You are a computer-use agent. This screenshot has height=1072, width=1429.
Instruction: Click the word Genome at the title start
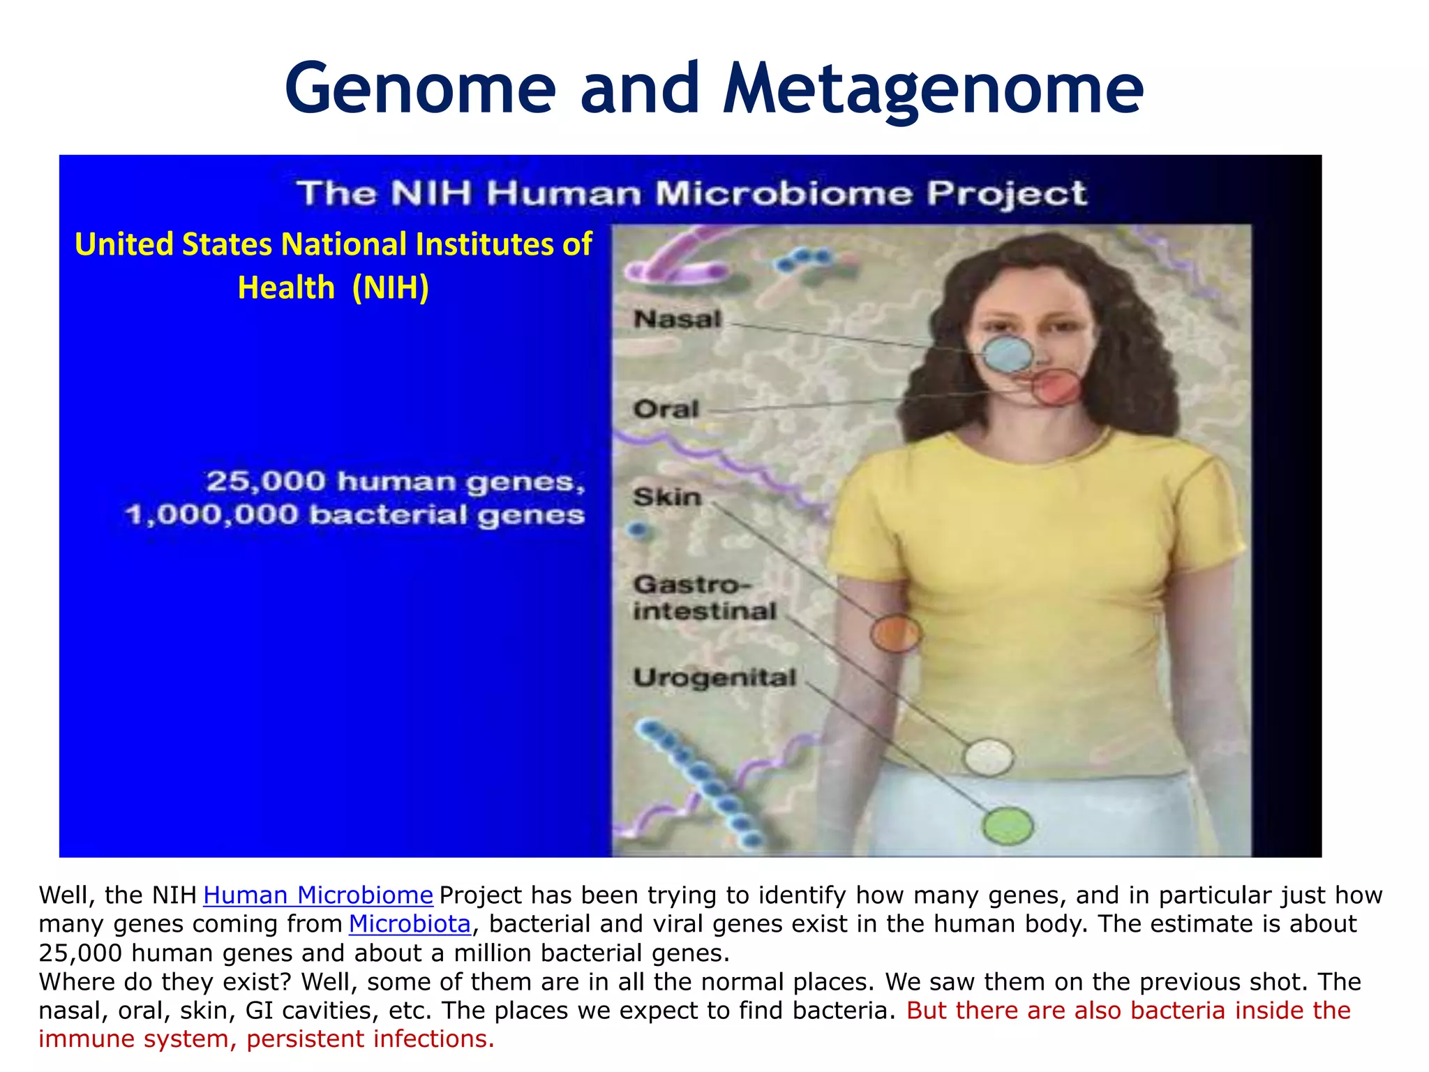coord(420,89)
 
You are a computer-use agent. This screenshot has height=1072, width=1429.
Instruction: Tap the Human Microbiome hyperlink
coord(318,895)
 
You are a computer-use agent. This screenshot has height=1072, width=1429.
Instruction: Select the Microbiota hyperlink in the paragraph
coord(410,923)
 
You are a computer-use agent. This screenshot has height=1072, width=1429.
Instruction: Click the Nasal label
coord(677,320)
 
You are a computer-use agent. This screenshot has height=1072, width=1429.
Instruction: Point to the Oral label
coord(666,409)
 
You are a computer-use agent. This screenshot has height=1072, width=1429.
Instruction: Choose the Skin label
coord(667,497)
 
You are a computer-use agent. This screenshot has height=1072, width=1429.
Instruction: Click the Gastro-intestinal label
coord(703,597)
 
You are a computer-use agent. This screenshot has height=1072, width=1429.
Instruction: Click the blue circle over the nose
coord(1008,355)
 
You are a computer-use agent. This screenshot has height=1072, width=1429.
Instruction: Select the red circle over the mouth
coord(1056,388)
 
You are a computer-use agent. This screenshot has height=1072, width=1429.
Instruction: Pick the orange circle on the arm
coord(895,634)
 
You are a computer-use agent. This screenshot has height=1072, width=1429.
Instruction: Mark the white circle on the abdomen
coord(988,757)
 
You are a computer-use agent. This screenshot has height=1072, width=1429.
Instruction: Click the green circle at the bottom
coord(1007,826)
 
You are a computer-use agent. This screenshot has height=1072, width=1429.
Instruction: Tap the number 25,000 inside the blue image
coord(266,482)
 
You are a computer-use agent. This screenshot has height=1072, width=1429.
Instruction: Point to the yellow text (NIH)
coord(390,288)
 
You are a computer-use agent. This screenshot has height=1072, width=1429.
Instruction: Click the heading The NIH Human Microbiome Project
coord(691,193)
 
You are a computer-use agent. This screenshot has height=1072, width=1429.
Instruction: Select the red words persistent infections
coord(371,1038)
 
